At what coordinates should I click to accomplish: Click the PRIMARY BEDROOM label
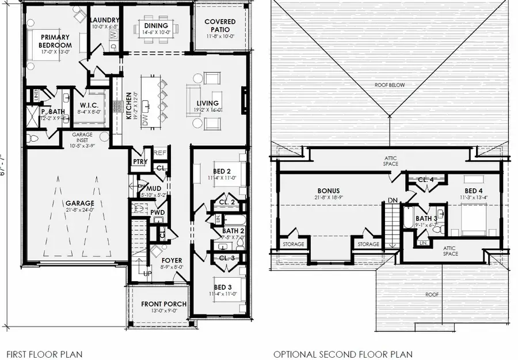(55, 41)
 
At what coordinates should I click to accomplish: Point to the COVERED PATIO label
(220, 26)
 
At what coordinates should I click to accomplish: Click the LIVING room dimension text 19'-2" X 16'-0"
(207, 110)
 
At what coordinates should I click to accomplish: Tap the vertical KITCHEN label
(129, 104)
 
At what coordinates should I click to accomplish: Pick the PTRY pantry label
(138, 162)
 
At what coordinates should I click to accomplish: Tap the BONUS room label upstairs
(328, 191)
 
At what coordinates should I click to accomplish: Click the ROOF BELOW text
(390, 85)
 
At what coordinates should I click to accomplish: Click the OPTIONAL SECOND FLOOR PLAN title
(342, 354)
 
